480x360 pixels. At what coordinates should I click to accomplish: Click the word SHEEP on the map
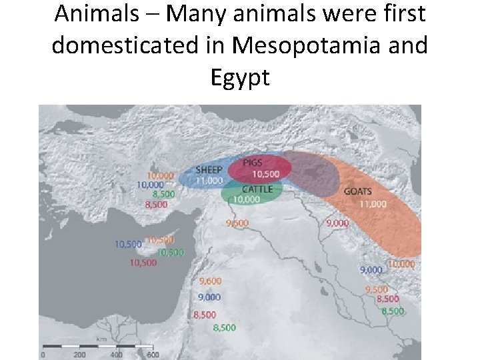(209, 169)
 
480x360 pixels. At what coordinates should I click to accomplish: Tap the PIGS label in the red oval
(252, 163)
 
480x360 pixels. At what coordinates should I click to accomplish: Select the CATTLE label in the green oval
(257, 189)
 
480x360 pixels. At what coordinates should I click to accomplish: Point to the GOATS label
(358, 191)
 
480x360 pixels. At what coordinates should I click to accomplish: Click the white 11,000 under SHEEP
(209, 180)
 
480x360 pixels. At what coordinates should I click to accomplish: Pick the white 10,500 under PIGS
(265, 174)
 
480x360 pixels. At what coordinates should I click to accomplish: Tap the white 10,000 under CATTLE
(247, 199)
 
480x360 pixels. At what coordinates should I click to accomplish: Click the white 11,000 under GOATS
(373, 203)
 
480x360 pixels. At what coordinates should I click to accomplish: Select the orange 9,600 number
(237, 223)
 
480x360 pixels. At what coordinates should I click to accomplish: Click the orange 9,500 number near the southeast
(376, 289)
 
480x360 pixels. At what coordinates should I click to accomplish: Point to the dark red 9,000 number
(337, 223)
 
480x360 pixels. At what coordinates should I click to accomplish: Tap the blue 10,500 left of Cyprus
(128, 245)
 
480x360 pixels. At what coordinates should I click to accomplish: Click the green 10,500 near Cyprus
(171, 252)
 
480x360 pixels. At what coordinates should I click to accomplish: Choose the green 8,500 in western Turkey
(163, 194)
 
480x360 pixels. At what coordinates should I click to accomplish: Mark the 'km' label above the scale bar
(101, 339)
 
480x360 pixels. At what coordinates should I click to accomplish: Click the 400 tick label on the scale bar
(117, 355)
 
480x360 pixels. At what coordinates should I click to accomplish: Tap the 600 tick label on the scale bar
(153, 355)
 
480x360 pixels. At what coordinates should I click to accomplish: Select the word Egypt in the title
(239, 77)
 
